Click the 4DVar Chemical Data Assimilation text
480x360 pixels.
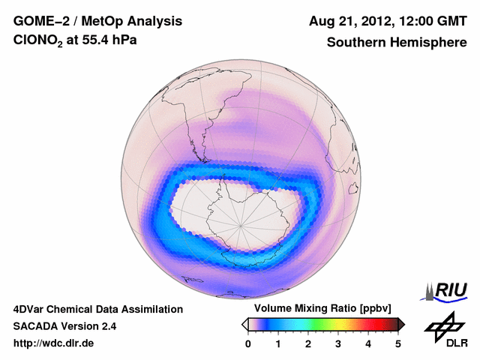tap(97, 309)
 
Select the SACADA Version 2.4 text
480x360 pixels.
tap(64, 326)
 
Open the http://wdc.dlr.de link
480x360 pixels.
tap(54, 343)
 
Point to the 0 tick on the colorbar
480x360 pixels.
tap(248, 343)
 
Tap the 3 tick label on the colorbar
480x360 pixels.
tap(338, 343)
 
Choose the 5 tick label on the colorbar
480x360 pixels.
tap(398, 343)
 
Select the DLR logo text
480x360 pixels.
tap(447, 343)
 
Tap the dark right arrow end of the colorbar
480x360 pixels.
tap(402, 324)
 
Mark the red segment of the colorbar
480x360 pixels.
tap(379, 324)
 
